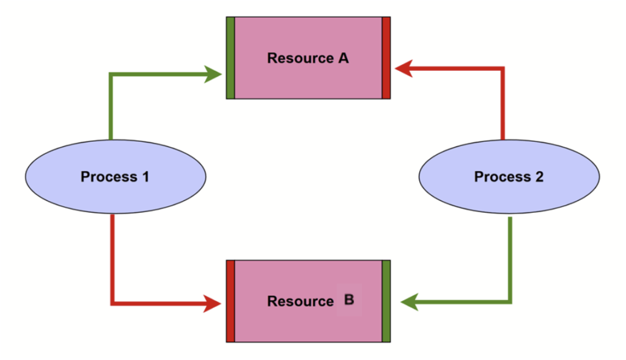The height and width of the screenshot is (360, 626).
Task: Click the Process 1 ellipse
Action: coord(116,177)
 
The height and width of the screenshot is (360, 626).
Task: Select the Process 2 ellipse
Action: coord(509,177)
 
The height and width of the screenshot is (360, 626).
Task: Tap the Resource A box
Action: coord(308,58)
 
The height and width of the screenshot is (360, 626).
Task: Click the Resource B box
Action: coord(308,301)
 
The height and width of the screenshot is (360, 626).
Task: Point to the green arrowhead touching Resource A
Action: coord(215,75)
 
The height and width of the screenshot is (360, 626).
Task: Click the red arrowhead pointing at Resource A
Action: coord(403,68)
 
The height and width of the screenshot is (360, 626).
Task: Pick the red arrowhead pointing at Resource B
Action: coord(213,303)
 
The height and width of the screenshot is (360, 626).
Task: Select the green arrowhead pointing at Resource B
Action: coord(408,301)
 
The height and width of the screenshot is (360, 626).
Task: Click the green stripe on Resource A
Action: coord(230,58)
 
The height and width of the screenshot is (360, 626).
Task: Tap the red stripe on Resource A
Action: coord(386,58)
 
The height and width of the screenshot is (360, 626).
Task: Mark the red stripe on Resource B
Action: coord(230,301)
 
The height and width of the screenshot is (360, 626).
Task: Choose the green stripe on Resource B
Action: coord(386,301)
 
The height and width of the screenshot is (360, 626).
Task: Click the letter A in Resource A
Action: coord(343,59)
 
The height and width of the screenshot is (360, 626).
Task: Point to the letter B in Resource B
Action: coord(349,300)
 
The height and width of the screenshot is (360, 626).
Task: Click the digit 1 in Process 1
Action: coord(145,177)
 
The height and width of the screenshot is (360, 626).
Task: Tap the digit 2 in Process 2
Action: coord(539,177)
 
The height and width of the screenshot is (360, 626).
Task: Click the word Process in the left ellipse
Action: coord(108,177)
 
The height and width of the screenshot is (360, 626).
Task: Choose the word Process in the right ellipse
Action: coord(501,177)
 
